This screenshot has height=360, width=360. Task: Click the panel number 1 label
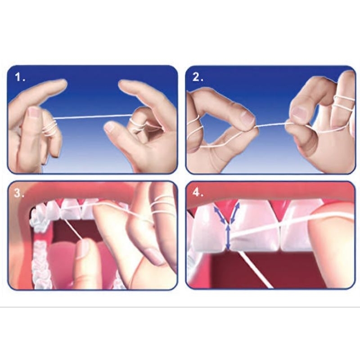pyautogui.click(x=20, y=77)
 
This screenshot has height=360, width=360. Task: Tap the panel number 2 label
pyautogui.click(x=198, y=77)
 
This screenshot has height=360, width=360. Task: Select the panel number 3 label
pyautogui.click(x=19, y=193)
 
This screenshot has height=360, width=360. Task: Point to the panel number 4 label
pyautogui.click(x=198, y=193)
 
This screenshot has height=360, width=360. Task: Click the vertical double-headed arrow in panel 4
pyautogui.click(x=228, y=237)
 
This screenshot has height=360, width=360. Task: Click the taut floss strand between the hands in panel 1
pyautogui.click(x=93, y=117)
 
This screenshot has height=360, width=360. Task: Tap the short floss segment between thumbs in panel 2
pyautogui.click(x=270, y=125)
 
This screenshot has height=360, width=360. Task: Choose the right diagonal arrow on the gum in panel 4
pyautogui.click(x=235, y=212)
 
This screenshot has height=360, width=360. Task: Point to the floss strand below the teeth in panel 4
pyautogui.click(x=255, y=269)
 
